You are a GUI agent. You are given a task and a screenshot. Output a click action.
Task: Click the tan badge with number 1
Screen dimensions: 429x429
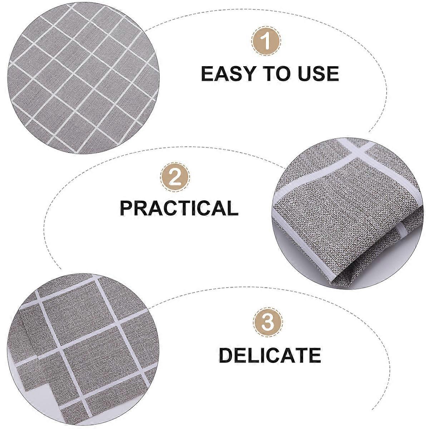pos(266,41)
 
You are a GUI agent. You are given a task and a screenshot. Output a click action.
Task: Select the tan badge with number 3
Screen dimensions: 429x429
pos(268,323)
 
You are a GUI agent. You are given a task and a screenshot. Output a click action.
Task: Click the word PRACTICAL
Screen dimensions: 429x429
pos(179,208)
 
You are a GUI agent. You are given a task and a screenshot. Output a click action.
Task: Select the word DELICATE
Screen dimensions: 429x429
pos(270,355)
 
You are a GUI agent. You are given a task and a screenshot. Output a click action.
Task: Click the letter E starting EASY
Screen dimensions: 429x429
pos(207,74)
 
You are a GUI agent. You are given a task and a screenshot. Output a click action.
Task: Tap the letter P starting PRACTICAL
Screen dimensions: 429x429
pos(127,208)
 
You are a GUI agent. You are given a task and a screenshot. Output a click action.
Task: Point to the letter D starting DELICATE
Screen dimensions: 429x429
pos(226,355)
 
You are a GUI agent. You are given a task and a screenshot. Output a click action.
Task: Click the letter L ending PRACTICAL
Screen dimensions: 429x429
pos(233,208)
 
